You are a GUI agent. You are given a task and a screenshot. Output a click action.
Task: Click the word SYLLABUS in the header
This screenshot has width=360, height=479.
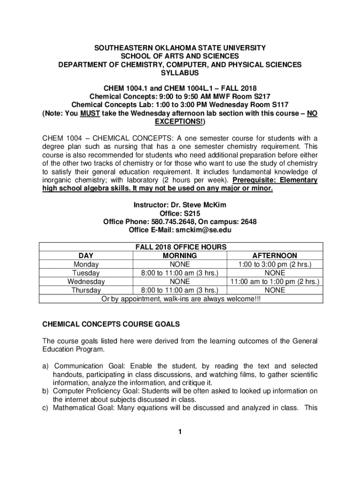pyautogui.click(x=180, y=73)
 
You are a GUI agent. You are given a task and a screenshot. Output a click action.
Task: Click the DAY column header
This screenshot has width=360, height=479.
pyautogui.click(x=86, y=256)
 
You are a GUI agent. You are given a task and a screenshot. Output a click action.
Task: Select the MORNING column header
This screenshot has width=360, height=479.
pyautogui.click(x=180, y=256)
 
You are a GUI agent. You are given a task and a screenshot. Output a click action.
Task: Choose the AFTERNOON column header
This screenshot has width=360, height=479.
pyautogui.click(x=274, y=256)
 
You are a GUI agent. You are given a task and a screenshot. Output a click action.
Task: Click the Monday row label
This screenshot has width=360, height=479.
pyautogui.click(x=86, y=264)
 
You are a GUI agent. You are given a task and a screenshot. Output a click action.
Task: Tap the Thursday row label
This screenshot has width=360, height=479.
pyautogui.click(x=86, y=290)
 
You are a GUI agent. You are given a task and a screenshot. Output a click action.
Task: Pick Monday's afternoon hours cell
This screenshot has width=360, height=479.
pyautogui.click(x=274, y=264)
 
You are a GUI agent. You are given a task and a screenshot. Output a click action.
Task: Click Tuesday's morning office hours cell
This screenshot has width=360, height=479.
pyautogui.click(x=180, y=273)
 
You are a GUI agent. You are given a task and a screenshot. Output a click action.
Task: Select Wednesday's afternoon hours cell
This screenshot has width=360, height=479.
pyautogui.click(x=274, y=282)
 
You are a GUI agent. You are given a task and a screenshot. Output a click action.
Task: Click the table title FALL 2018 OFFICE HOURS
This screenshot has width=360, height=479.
pyautogui.click(x=181, y=247)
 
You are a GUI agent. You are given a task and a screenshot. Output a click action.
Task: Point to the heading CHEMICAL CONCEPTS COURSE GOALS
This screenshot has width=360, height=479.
pyautogui.click(x=111, y=324)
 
